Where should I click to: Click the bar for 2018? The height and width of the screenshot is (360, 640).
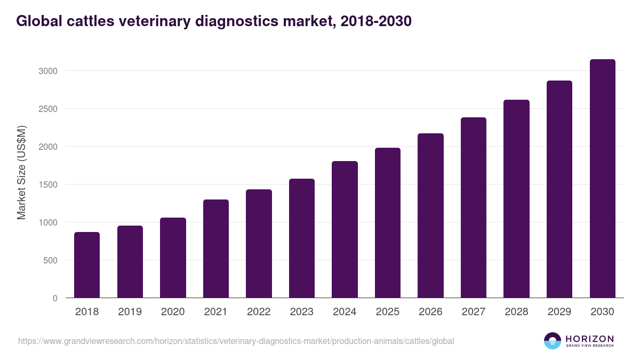(x=87, y=265)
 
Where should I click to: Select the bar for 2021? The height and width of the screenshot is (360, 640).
(x=216, y=249)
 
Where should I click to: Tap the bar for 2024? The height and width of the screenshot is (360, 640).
(x=345, y=229)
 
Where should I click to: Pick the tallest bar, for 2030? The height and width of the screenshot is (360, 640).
(x=602, y=179)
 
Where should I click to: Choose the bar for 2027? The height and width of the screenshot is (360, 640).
(x=474, y=207)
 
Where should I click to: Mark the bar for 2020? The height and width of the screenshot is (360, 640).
(x=173, y=258)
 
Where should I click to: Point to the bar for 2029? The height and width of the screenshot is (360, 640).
(x=559, y=189)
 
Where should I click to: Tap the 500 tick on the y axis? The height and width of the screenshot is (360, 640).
(x=51, y=261)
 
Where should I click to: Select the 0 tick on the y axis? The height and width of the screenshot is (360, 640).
(x=55, y=299)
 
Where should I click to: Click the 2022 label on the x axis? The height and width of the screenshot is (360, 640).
(x=259, y=312)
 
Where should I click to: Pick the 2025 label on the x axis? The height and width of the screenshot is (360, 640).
(x=388, y=312)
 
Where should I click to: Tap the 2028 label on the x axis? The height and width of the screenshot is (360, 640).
(x=516, y=312)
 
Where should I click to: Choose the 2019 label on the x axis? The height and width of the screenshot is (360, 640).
(x=130, y=312)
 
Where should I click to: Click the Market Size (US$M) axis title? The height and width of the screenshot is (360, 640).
(x=21, y=173)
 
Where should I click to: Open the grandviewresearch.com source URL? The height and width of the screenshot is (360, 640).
(x=236, y=341)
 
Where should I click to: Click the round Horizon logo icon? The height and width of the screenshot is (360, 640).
(x=553, y=341)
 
